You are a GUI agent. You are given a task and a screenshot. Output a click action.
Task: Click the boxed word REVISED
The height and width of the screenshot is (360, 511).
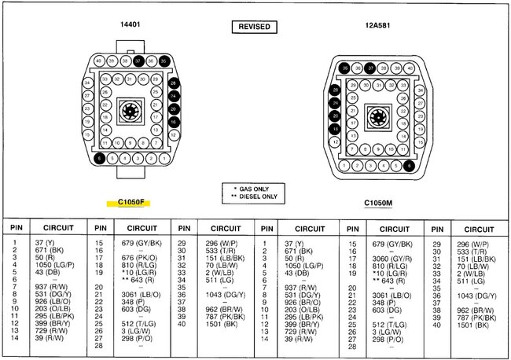point(254,27)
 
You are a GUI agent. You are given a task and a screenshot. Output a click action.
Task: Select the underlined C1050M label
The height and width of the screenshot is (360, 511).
point(378,202)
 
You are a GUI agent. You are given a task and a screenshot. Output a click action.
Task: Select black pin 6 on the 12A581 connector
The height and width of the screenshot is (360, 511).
point(409,166)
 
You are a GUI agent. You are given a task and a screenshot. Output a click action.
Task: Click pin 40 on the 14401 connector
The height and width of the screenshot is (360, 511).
point(99,61)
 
